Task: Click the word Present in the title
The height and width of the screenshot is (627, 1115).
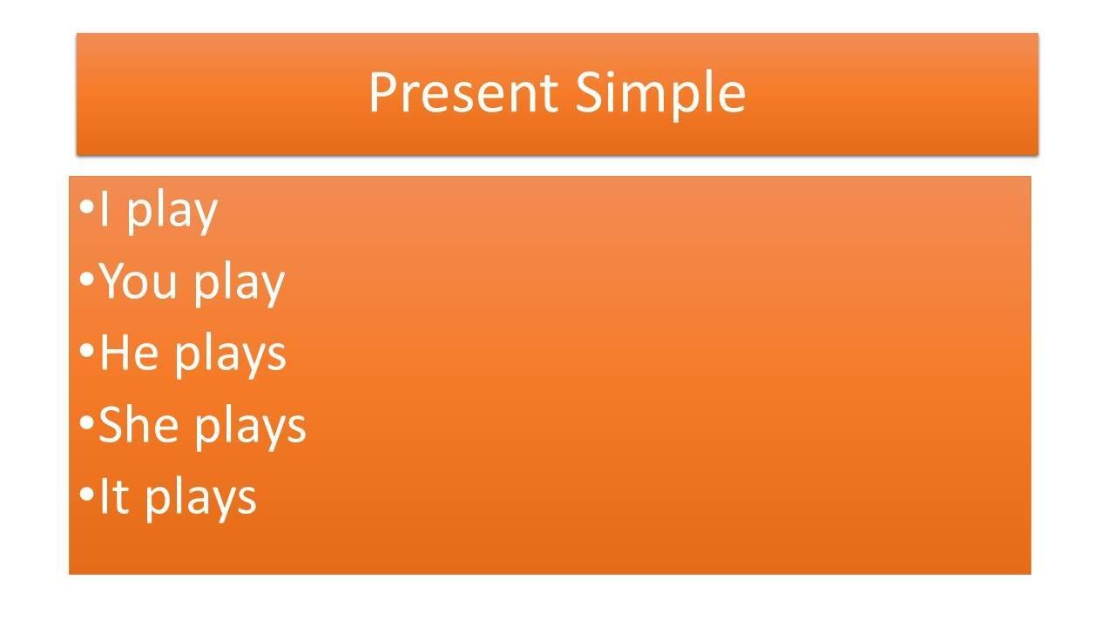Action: coord(463,92)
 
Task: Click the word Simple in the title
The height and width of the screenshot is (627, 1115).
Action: coord(660,95)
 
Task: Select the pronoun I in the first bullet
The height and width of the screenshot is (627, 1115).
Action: coord(104,208)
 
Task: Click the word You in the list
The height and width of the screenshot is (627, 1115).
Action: coord(138,281)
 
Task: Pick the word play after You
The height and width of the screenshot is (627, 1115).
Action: coord(239,284)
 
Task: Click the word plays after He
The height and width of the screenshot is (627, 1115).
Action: coord(231,355)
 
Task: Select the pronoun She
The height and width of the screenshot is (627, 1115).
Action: coord(139,424)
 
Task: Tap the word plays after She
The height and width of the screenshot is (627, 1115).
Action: coord(250,427)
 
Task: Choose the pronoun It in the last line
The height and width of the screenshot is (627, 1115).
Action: coord(115,496)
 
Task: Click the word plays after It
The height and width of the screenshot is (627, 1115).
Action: coord(201,499)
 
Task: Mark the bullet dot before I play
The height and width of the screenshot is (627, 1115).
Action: coord(86,207)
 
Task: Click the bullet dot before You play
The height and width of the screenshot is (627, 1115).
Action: coord(86,280)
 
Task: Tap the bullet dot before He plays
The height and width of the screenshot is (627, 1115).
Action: coord(86,351)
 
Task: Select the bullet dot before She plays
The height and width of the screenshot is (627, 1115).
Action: coord(86,423)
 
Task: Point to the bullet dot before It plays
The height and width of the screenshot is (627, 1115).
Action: coord(86,494)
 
